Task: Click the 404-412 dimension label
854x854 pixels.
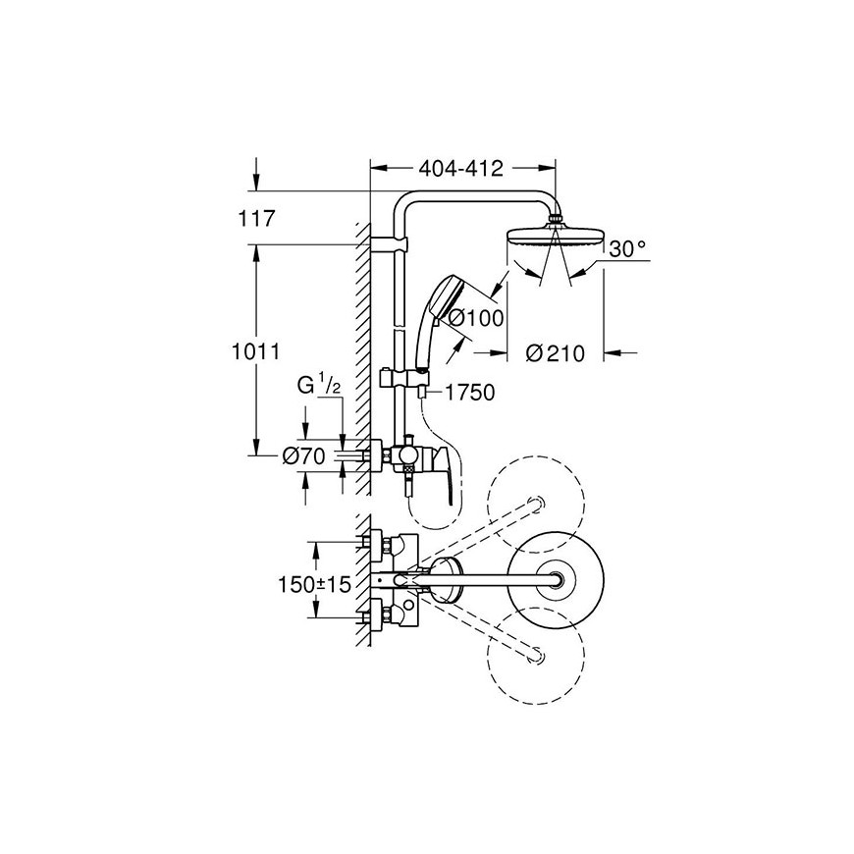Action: pyautogui.click(x=460, y=169)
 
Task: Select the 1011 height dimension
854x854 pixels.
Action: pyautogui.click(x=256, y=351)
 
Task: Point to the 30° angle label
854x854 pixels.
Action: pyautogui.click(x=627, y=249)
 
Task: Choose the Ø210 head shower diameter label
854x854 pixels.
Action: pyautogui.click(x=555, y=354)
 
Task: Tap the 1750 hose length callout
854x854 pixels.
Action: pyautogui.click(x=470, y=392)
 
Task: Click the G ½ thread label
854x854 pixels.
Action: pyautogui.click(x=319, y=387)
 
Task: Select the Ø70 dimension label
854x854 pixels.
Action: pyautogui.click(x=303, y=456)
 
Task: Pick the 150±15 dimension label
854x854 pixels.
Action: pyautogui.click(x=314, y=585)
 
